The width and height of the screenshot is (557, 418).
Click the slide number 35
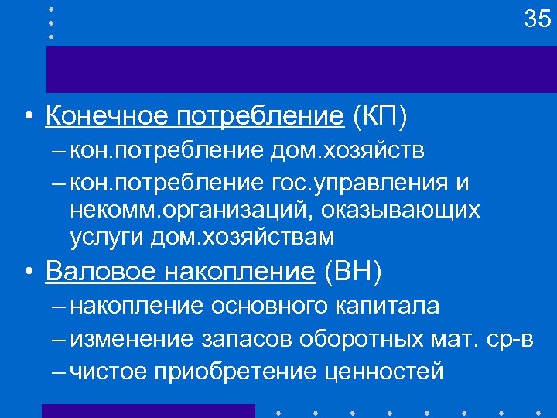(537, 19)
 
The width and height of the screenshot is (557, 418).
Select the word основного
(269, 306)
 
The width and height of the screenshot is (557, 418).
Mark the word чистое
(108, 372)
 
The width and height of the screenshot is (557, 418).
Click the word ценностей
(384, 372)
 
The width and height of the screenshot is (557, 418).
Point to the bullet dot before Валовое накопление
(28, 273)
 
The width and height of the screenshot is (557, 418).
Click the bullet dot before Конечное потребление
(28, 118)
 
